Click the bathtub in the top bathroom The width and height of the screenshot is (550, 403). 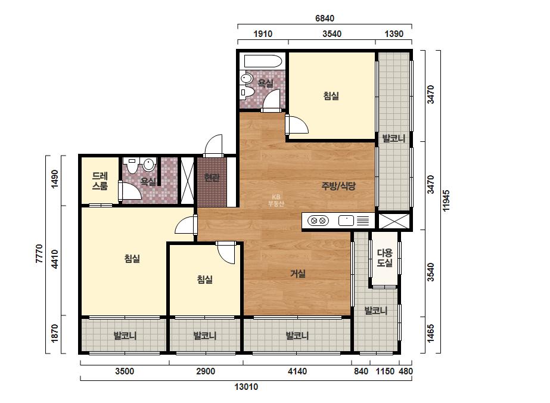click(263, 61)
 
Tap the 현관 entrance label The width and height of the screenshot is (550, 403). click(212, 178)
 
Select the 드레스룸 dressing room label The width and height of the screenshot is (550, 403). click(100, 181)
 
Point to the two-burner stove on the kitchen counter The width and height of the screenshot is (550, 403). click(318, 221)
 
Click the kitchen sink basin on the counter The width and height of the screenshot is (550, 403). click(346, 221)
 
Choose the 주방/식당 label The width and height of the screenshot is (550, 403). click(338, 186)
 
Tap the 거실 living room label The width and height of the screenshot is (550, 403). click(298, 274)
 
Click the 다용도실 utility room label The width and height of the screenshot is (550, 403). click(385, 258)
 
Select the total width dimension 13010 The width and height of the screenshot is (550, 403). click(246, 387)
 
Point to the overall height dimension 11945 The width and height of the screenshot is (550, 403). click(446, 200)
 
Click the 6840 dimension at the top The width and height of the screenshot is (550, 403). click(325, 18)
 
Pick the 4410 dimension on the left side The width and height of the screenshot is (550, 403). click(55, 259)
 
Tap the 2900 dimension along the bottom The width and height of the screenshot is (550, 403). click(206, 371)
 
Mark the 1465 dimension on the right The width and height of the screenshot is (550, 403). click(430, 333)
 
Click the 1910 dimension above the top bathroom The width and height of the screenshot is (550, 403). click(263, 34)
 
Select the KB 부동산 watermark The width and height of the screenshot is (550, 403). click(276, 200)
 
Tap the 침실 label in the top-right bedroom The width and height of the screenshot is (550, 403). click(331, 96)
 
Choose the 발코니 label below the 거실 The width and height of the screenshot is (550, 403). click(297, 336)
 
